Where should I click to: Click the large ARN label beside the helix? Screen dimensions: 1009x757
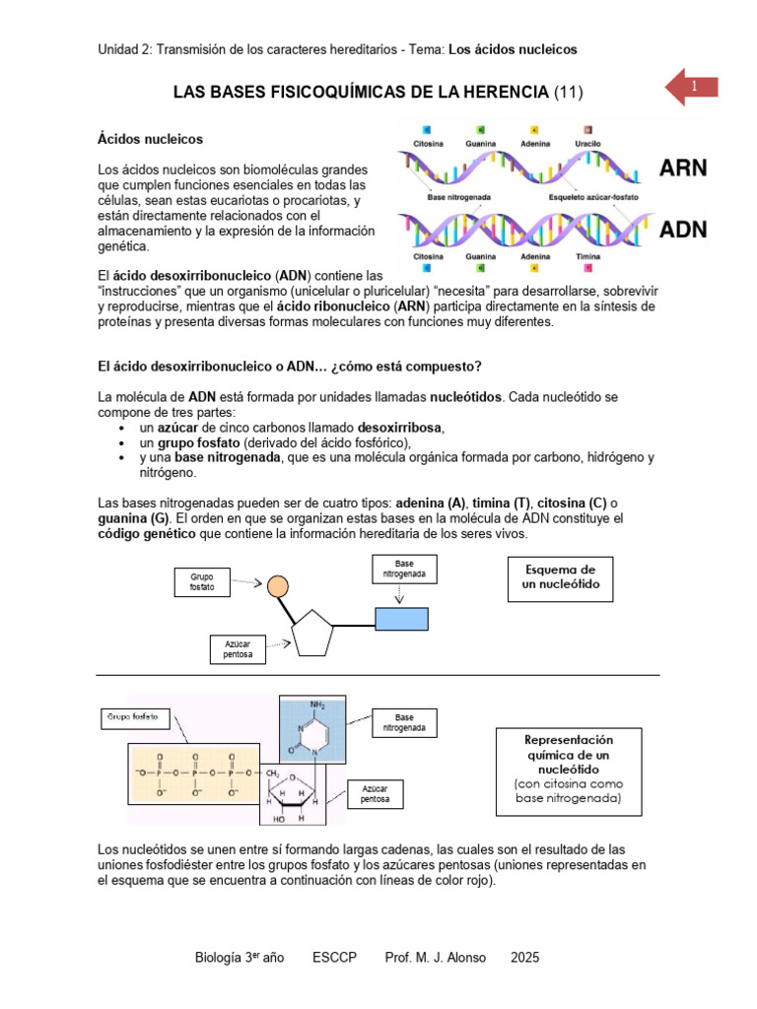click(683, 167)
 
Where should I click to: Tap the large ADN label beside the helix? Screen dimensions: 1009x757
click(683, 230)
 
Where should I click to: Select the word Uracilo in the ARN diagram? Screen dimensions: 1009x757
click(587, 144)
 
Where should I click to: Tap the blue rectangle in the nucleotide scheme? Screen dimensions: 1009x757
click(400, 618)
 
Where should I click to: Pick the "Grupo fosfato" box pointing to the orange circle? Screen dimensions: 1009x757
click(201, 580)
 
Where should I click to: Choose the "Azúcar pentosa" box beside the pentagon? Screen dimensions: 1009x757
click(238, 648)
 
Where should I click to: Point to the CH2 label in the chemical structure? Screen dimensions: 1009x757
click(271, 774)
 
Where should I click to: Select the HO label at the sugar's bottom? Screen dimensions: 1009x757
click(280, 819)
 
